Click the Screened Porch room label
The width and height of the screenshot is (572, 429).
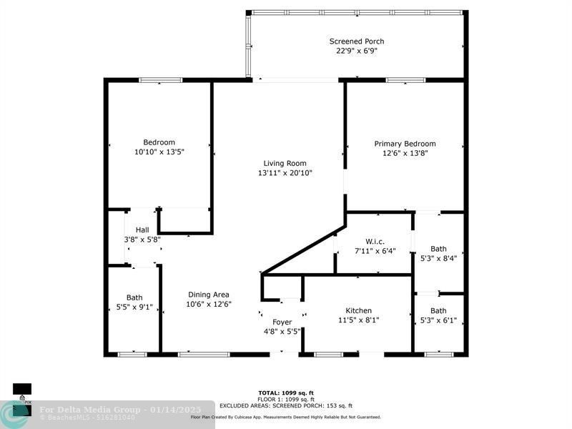click(x=356, y=41)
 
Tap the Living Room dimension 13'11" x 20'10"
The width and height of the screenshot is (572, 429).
click(x=285, y=173)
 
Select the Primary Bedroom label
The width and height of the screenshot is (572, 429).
click(x=405, y=144)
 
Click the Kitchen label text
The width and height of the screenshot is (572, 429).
click(x=358, y=310)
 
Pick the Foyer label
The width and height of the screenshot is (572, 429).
click(x=282, y=322)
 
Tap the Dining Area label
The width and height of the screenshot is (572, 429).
click(x=208, y=295)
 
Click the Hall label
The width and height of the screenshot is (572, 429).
click(x=142, y=230)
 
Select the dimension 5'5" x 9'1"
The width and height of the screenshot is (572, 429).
click(x=134, y=307)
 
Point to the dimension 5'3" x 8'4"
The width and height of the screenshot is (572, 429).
click(x=438, y=259)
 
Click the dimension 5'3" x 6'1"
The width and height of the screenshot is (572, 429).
click(x=438, y=320)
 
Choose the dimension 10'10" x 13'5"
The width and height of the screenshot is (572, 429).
click(x=159, y=152)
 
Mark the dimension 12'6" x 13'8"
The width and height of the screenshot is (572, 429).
click(x=405, y=153)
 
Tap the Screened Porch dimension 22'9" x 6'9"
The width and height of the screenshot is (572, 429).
click(x=356, y=51)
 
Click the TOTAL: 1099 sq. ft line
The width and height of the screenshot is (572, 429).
click(x=286, y=393)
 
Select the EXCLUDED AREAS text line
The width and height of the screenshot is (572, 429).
click(x=286, y=405)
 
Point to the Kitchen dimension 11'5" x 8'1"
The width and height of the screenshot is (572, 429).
click(x=358, y=320)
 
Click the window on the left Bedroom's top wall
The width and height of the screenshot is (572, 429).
click(x=160, y=80)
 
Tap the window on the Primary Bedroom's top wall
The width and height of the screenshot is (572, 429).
click(x=405, y=80)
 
